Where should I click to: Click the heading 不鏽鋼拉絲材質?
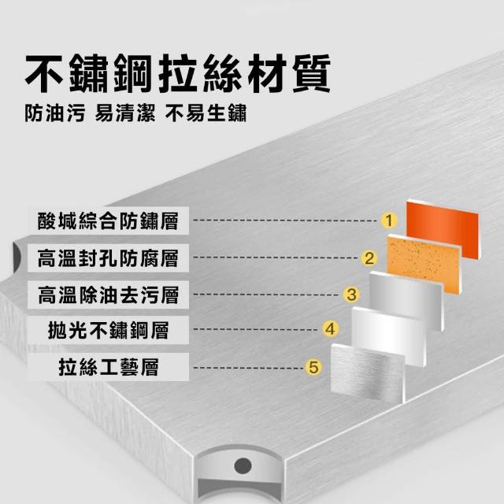pos(178,73)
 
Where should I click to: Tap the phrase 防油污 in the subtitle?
pos(55,113)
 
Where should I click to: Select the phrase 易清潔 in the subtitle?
pos(125,113)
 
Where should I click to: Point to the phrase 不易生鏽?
pos(206,113)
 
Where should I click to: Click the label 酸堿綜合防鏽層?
pos(108,221)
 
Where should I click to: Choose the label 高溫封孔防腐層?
pos(108,258)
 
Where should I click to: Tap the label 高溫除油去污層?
pos(108,295)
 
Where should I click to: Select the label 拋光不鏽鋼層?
pos(108,330)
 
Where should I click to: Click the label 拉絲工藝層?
pos(109,367)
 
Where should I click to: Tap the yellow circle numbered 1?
pos(389,220)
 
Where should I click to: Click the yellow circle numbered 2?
pos(369,258)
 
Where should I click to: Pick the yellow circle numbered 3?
pos(351,295)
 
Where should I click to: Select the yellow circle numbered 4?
pos(331,329)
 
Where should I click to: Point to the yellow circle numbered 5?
pos(313,367)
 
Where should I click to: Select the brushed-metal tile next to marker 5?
pos(368,372)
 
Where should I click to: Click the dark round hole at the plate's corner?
pos(243,465)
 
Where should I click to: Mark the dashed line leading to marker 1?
pos(285,220)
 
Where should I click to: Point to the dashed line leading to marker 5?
pos(248,368)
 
